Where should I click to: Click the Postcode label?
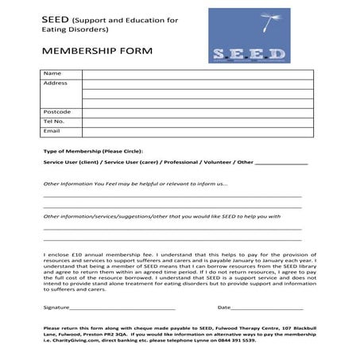(x=58, y=111)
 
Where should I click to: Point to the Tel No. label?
(x=54, y=121)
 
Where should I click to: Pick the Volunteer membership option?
(x=225, y=161)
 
